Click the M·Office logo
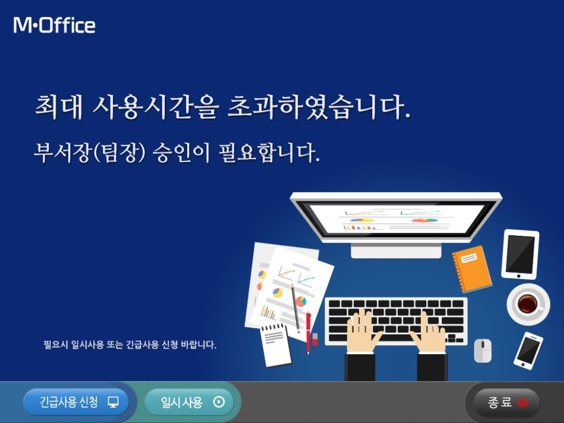tap(55, 25)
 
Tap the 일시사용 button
tap(189, 402)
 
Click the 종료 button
tap(503, 403)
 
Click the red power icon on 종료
tap(523, 403)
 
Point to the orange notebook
tap(472, 269)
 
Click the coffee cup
tap(528, 304)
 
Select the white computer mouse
tap(482, 350)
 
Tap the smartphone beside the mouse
tap(528, 350)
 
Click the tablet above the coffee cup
tap(520, 254)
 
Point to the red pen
tap(309, 333)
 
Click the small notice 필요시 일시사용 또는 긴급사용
tap(130, 344)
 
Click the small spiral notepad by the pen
tap(276, 345)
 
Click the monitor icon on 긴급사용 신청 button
tap(113, 402)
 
